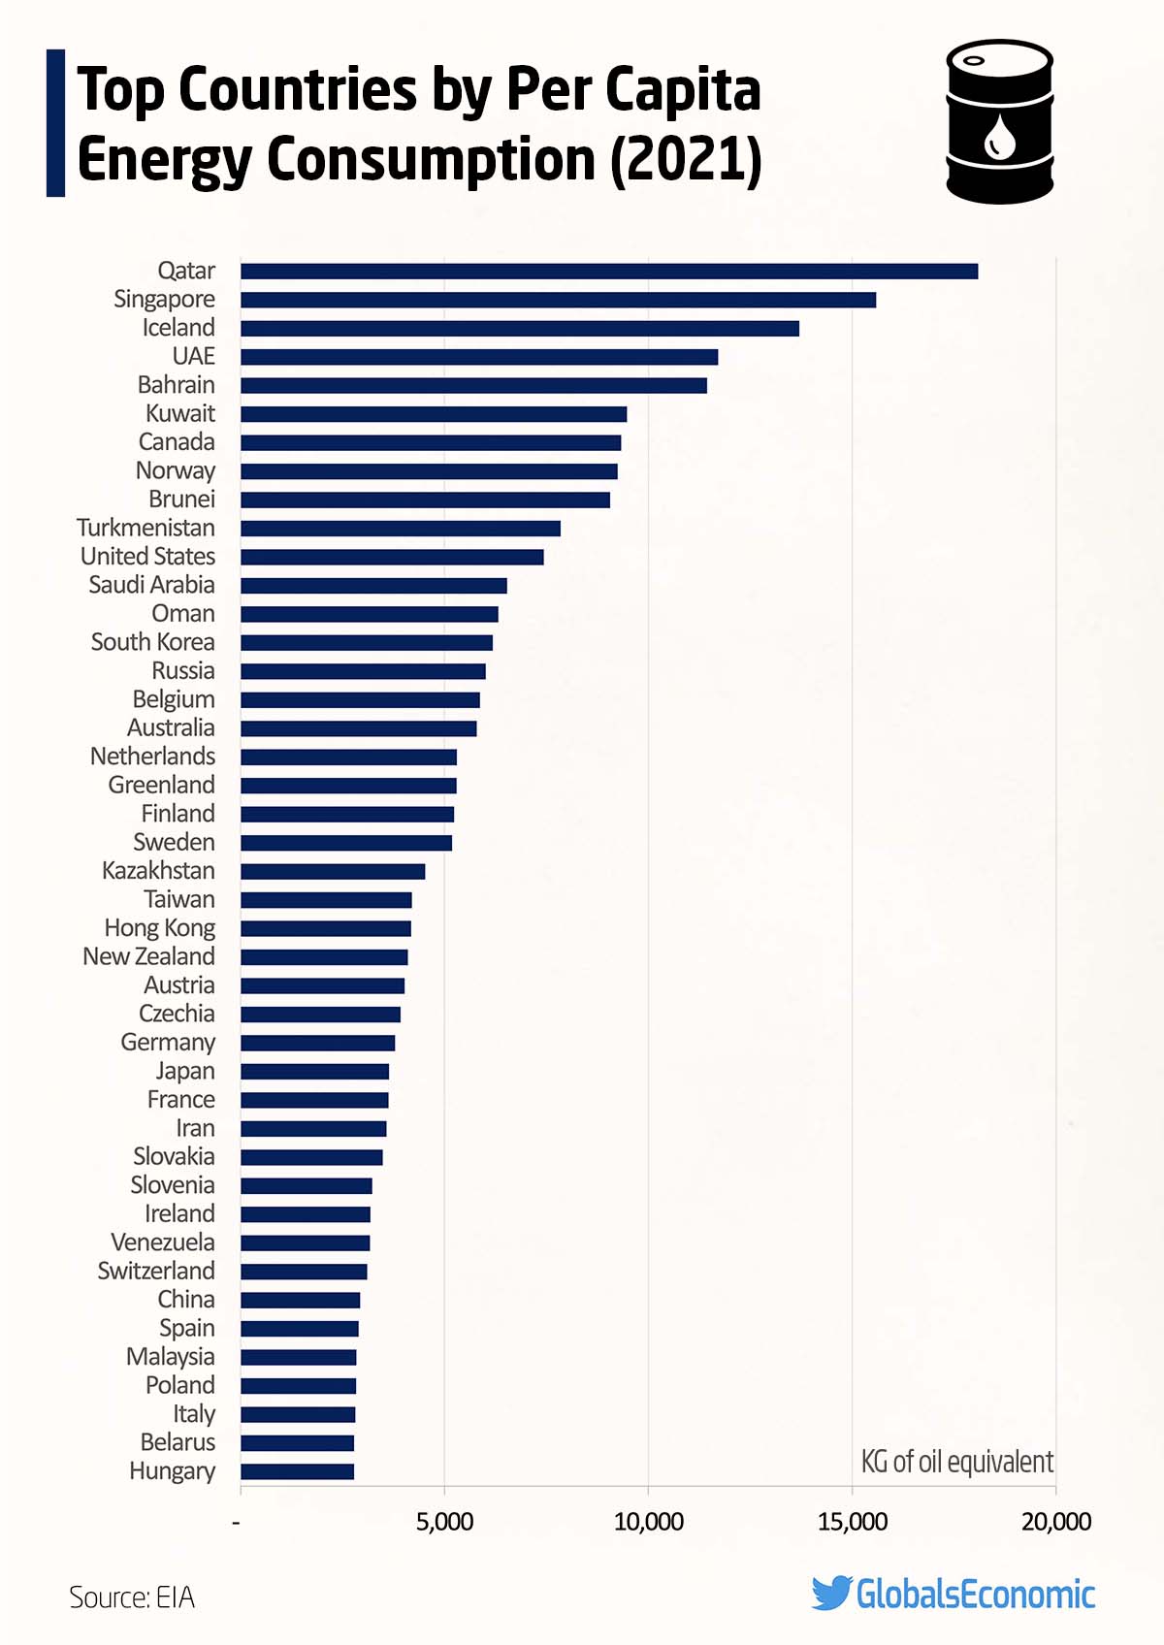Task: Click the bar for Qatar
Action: [609, 272]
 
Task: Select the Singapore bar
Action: [558, 300]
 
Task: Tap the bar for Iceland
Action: [520, 328]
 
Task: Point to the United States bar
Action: [392, 557]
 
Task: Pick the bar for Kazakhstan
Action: [333, 871]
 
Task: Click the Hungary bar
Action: [297, 1471]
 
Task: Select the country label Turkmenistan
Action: [145, 528]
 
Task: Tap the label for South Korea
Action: [152, 642]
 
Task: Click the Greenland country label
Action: [161, 785]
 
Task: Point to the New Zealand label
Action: [148, 956]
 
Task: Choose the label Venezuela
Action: [162, 1242]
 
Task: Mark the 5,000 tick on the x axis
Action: [444, 1522]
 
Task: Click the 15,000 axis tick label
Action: [852, 1522]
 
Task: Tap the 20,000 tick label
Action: [1055, 1522]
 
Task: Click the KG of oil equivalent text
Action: [956, 1462]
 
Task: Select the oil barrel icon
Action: [999, 121]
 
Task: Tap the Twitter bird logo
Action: [831, 1594]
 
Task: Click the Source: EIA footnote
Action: [132, 1597]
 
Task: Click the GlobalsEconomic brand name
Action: [975, 1595]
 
